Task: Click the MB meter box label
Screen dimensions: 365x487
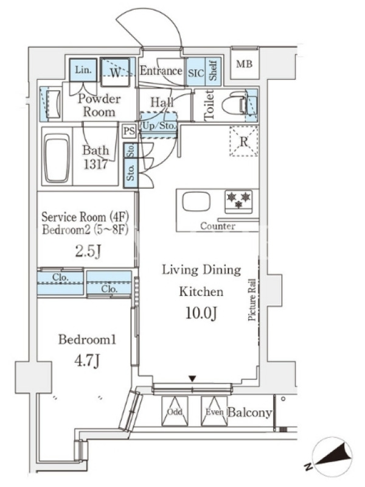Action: (x=244, y=65)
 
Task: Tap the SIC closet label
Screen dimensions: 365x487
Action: (x=196, y=73)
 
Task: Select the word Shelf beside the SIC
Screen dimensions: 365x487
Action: (x=213, y=71)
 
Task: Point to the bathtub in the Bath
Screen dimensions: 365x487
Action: (x=57, y=158)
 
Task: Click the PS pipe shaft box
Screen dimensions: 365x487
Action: (x=129, y=130)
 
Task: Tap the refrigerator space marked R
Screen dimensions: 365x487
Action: (x=244, y=141)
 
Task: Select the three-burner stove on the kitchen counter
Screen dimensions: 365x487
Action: (x=238, y=201)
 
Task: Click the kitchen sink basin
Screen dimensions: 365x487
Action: (x=196, y=202)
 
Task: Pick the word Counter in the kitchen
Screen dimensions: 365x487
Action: (x=218, y=226)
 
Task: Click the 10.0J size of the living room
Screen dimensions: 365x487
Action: (x=201, y=313)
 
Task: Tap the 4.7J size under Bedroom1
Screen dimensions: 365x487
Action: (x=87, y=361)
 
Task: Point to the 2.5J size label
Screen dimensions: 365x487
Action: (x=88, y=251)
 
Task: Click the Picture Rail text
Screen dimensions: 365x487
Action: (x=252, y=300)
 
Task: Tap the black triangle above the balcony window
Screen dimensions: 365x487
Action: (x=192, y=379)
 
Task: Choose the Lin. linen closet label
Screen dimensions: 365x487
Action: (x=83, y=70)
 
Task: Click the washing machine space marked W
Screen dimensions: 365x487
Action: (x=115, y=72)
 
